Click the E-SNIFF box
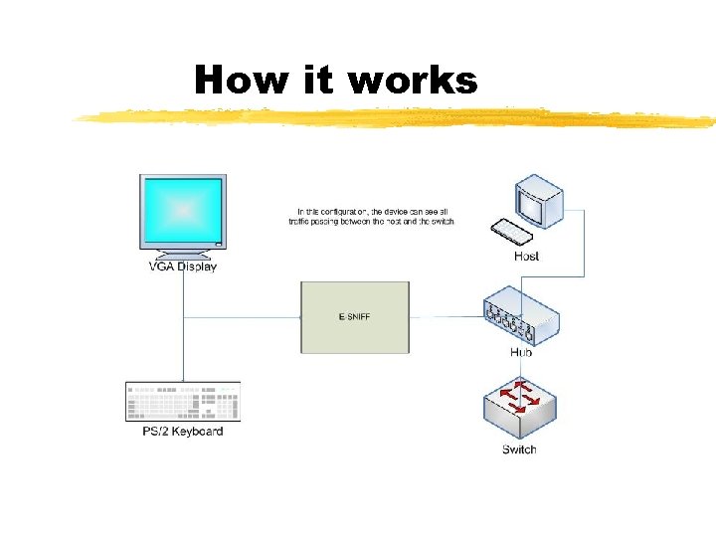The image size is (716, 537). pyautogui.click(x=355, y=317)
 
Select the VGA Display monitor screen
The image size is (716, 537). pyautogui.click(x=183, y=210)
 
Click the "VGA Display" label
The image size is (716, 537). pyautogui.click(x=183, y=267)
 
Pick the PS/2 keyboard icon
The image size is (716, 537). pyautogui.click(x=183, y=402)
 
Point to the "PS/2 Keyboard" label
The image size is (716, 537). pyautogui.click(x=183, y=432)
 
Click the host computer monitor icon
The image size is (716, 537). pyautogui.click(x=539, y=202)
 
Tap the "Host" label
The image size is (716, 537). pyautogui.click(x=527, y=257)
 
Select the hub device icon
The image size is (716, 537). pyautogui.click(x=521, y=317)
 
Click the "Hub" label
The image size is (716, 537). pyautogui.click(x=521, y=352)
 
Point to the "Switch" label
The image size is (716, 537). pyautogui.click(x=519, y=449)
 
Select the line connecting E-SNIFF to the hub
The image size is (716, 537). pyautogui.click(x=446, y=318)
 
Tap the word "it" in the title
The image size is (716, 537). pyautogui.click(x=319, y=80)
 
